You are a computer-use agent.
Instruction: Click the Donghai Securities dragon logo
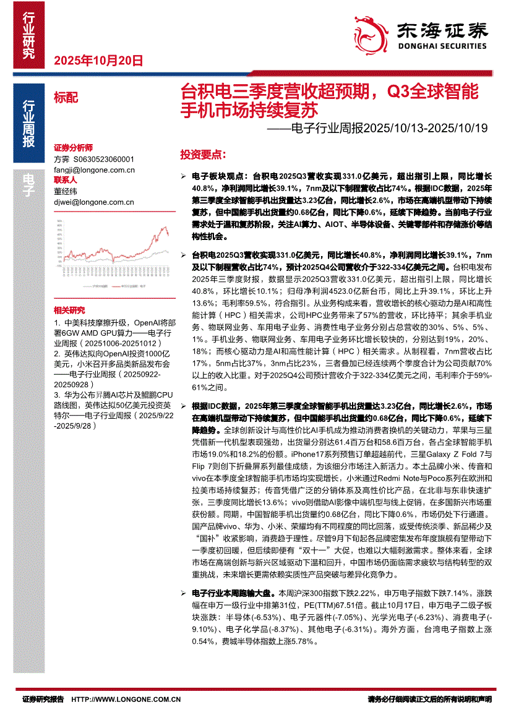click(x=371, y=31)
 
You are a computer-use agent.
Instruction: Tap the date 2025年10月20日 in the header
click(x=99, y=61)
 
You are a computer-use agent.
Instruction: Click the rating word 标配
click(x=66, y=97)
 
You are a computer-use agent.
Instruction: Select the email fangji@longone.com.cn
click(x=94, y=169)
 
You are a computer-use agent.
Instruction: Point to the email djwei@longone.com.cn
click(x=94, y=202)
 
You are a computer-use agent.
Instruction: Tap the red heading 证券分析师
click(x=73, y=148)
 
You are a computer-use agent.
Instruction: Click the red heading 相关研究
click(x=69, y=310)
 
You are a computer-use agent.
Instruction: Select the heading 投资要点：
click(x=202, y=153)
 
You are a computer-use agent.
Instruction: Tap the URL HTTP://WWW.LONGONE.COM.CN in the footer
click(x=126, y=699)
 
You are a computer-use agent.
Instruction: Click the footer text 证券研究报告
click(x=43, y=699)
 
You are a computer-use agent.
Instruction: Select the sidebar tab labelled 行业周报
click(x=28, y=123)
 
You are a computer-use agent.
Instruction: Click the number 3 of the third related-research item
click(x=56, y=394)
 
